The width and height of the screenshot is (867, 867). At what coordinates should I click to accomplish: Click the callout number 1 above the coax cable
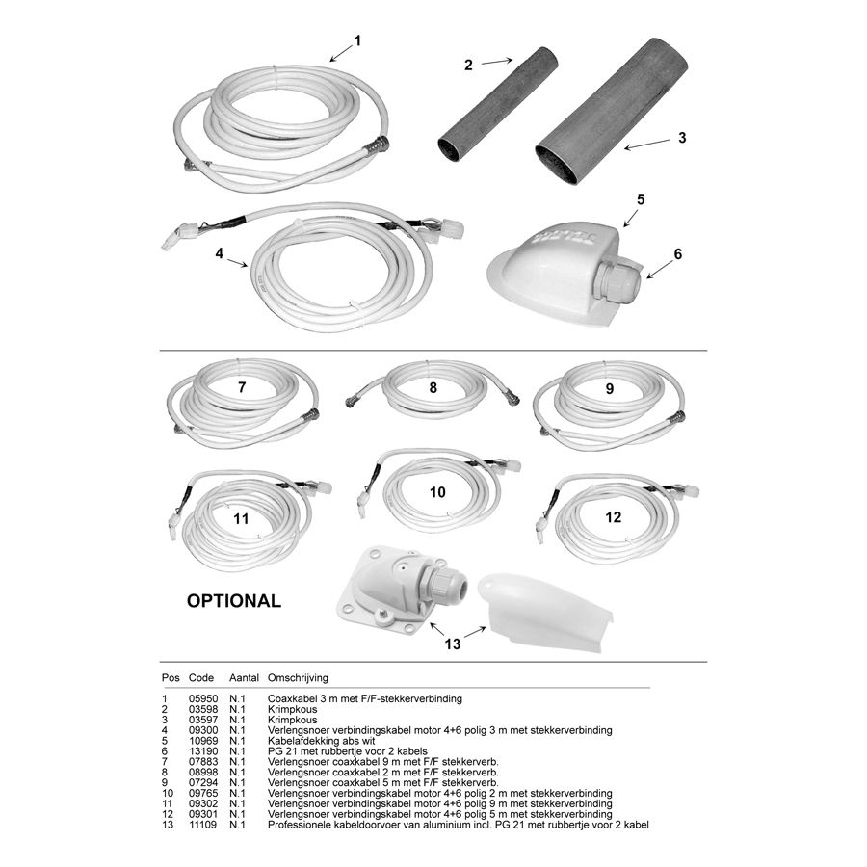click(357, 40)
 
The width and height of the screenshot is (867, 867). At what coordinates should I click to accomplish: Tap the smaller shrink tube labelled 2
click(498, 104)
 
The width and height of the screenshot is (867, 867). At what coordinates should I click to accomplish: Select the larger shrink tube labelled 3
click(612, 111)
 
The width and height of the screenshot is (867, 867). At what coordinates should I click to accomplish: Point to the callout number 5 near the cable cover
click(641, 199)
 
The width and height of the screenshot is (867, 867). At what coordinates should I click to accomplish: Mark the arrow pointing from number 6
click(661, 268)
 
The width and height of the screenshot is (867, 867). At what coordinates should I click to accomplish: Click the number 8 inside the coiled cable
click(433, 387)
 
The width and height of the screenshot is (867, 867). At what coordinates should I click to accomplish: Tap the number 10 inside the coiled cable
click(437, 492)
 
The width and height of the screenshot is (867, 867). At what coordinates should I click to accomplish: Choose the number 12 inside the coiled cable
click(614, 517)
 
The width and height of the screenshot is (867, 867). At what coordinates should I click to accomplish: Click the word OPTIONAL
click(234, 601)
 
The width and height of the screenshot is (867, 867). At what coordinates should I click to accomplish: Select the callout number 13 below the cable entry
click(453, 644)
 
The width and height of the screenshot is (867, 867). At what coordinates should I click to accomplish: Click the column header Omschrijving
click(298, 678)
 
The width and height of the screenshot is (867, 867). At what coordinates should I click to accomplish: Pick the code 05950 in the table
click(203, 699)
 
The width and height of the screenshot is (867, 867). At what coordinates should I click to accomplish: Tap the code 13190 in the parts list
click(203, 751)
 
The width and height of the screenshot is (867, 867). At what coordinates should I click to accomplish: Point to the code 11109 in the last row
click(203, 825)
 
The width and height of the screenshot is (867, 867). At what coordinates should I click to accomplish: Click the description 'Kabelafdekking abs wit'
click(321, 741)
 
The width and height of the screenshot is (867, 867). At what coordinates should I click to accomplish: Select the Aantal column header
click(244, 678)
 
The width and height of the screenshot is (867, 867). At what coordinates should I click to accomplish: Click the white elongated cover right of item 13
click(544, 614)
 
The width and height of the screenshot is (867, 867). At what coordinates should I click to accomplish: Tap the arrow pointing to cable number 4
click(238, 261)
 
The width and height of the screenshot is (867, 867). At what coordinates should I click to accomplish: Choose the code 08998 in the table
click(203, 773)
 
